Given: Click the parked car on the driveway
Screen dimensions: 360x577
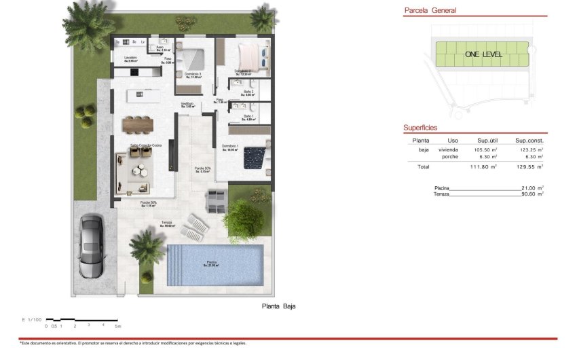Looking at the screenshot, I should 91,247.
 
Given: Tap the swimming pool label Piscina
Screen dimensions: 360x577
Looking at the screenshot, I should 213,262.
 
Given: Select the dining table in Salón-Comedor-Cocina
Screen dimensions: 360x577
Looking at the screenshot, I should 138,124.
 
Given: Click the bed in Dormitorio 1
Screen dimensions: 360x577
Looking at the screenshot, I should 256,157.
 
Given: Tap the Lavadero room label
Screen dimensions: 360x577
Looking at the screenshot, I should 131,58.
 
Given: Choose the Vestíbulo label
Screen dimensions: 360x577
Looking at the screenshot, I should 187,104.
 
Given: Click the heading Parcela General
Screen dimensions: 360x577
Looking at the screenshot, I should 430,10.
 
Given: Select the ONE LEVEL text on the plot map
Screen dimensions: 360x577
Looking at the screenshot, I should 483,54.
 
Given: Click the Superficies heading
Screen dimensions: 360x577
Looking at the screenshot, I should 420,127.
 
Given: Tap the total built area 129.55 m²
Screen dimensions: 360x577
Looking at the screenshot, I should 529,166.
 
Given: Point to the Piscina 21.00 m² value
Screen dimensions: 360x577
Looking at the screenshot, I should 530,187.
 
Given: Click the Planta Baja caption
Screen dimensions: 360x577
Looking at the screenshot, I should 278,306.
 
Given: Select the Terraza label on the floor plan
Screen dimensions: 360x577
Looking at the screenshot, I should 166,222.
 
